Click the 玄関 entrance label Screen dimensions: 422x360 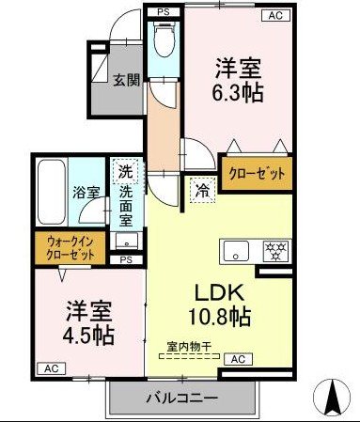[128, 81]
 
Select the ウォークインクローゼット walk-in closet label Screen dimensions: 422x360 [71, 248]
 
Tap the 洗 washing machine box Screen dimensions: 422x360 [125, 173]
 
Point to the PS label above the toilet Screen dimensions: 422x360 [162, 13]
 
